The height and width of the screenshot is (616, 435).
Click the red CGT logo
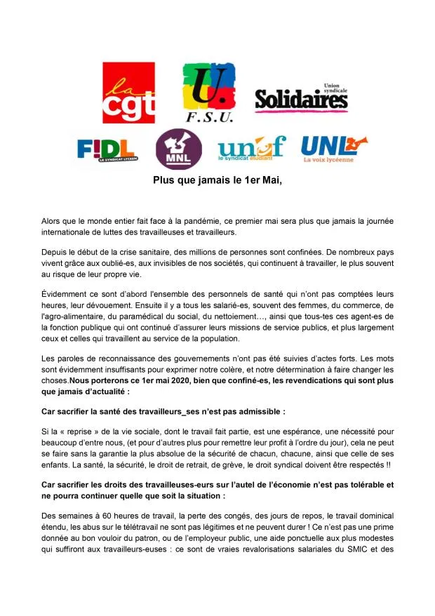(x=128, y=93)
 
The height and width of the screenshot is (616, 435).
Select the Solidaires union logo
(x=301, y=99)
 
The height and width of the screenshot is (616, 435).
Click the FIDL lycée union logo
(x=107, y=149)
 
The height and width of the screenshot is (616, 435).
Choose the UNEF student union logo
(x=252, y=149)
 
